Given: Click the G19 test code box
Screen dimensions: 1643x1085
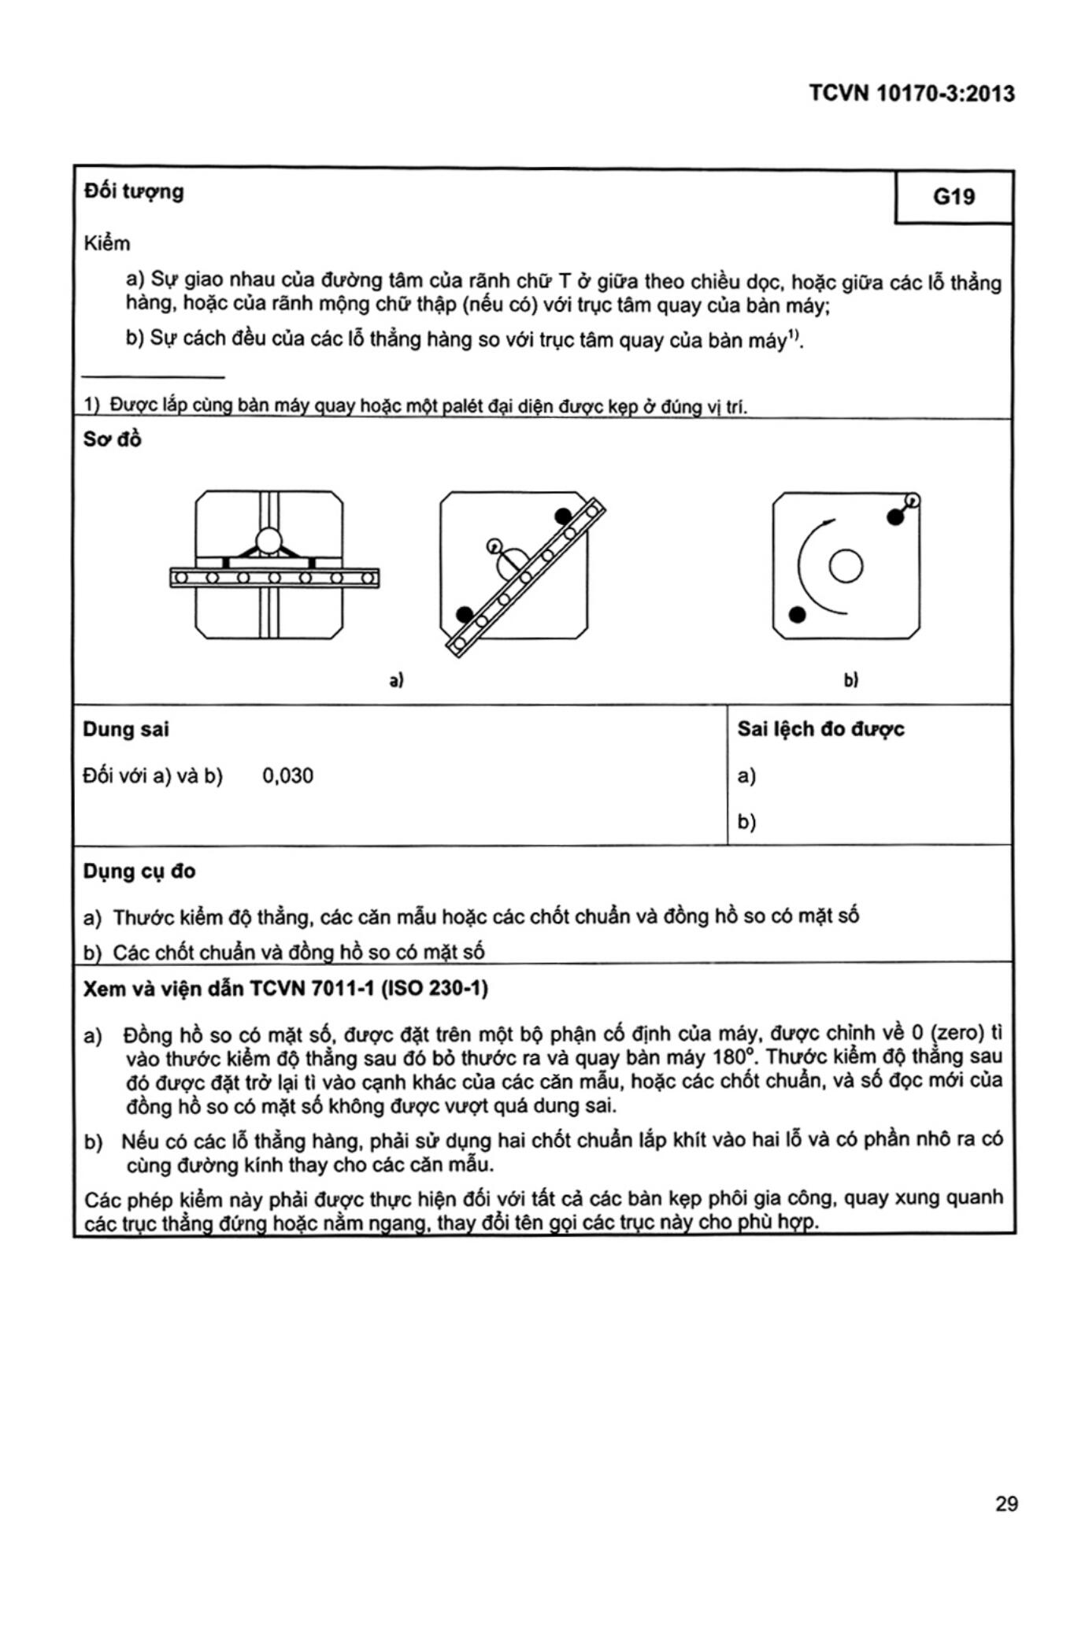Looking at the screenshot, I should coord(954,197).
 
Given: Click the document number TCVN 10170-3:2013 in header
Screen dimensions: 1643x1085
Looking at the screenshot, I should coord(912,94).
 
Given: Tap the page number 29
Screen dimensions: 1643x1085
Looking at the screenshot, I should coord(1006,1504).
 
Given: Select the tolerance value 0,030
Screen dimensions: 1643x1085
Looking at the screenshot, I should coord(287,776).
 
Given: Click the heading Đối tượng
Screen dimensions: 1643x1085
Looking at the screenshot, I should coord(134,191).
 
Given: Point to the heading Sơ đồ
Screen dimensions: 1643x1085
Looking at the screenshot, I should coord(113,439).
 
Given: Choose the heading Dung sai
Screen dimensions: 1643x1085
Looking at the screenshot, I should coord(126,729).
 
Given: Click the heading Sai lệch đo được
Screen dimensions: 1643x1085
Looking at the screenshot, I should coord(820,729).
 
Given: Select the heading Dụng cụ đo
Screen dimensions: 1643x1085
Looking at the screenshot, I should coord(139,871).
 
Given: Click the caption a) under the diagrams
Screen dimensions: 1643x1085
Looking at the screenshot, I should coord(397,679).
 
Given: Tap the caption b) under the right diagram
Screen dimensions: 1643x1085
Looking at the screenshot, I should coord(850,679).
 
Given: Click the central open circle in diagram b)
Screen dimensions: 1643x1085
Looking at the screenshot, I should coord(846,566).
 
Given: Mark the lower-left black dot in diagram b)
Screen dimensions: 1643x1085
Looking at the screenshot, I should coord(798,615).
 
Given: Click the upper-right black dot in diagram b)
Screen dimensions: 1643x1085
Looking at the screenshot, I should coord(895,517).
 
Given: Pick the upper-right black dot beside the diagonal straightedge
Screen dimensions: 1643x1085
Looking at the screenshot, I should coord(562,516).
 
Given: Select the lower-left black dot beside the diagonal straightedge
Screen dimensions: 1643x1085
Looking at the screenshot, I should coord(465,614).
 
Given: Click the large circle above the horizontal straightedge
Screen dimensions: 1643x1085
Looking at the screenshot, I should coord(268,541).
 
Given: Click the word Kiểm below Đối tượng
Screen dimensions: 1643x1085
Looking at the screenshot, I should coord(107,243).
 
